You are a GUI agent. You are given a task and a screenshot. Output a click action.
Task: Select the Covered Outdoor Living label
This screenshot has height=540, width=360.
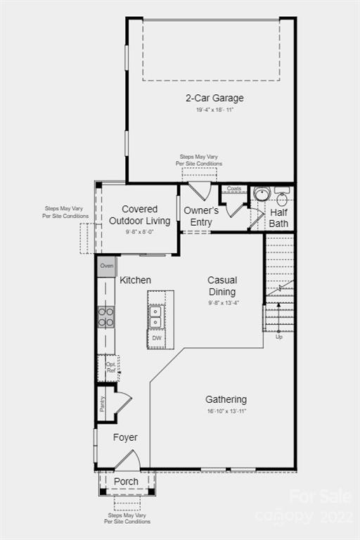[x=139, y=215]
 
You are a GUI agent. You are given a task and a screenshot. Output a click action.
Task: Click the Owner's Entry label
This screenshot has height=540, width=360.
[x=201, y=217]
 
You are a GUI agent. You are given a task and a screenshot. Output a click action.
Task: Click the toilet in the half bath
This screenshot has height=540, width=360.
[x=282, y=198]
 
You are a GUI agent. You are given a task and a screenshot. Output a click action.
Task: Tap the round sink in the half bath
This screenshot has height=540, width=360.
[x=262, y=195]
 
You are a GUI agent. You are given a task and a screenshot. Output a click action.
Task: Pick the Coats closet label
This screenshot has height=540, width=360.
[x=233, y=188]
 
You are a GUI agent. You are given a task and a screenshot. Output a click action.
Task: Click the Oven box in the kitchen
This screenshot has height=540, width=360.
[x=107, y=266]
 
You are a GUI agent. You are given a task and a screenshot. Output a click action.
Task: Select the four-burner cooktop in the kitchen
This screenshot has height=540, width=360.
[x=106, y=317]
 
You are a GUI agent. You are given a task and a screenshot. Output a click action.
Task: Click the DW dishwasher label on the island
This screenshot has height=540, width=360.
[x=157, y=338]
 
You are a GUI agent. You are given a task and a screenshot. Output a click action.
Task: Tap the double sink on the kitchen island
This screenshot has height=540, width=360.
[x=157, y=316]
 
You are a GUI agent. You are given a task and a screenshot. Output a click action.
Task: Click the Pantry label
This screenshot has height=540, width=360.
[x=103, y=404]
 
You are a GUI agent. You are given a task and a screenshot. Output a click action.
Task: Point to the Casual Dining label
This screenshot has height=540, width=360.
[x=221, y=286]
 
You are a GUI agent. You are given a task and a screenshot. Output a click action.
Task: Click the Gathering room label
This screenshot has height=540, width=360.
[x=226, y=399]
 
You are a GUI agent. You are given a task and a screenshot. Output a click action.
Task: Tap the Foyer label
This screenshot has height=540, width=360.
[x=125, y=437]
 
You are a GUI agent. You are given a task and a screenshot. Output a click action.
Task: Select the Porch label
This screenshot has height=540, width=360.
[x=127, y=482]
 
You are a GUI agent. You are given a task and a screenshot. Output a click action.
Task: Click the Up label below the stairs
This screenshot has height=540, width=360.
[x=278, y=337]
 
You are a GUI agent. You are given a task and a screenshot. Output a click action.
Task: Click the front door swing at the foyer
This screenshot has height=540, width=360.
[x=127, y=461]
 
